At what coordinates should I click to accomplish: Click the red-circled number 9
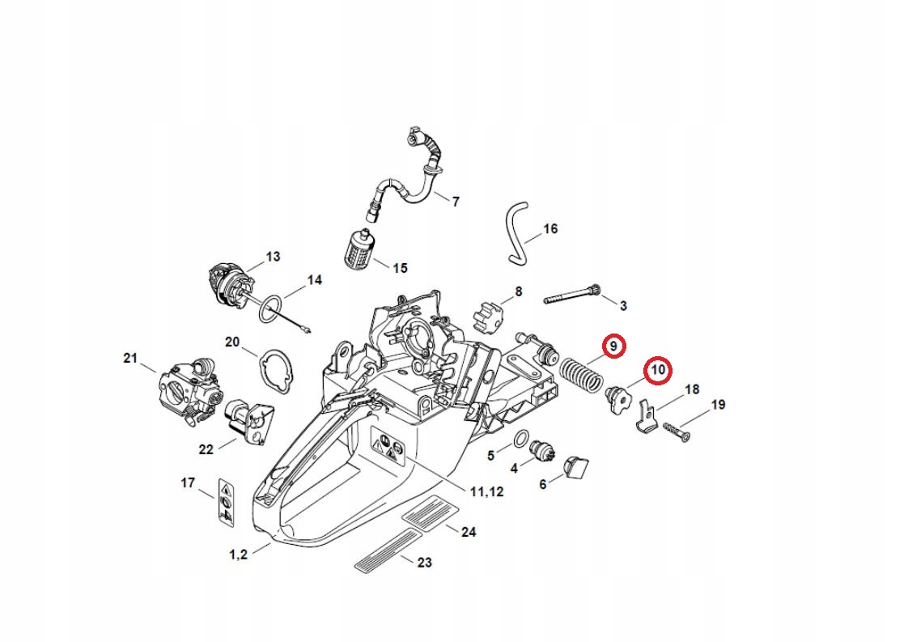(x=613, y=346)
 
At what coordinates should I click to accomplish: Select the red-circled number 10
(x=658, y=371)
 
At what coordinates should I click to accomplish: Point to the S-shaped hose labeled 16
(x=516, y=234)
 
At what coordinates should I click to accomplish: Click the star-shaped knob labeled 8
(x=486, y=312)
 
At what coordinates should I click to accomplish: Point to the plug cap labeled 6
(x=576, y=467)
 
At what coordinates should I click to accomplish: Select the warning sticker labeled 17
(x=227, y=502)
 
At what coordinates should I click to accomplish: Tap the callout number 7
(x=456, y=202)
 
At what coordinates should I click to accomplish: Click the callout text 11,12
(x=486, y=491)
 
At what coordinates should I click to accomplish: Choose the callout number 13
(x=273, y=257)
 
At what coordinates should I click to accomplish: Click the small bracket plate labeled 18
(x=645, y=415)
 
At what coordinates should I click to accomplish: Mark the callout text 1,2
(x=238, y=555)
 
